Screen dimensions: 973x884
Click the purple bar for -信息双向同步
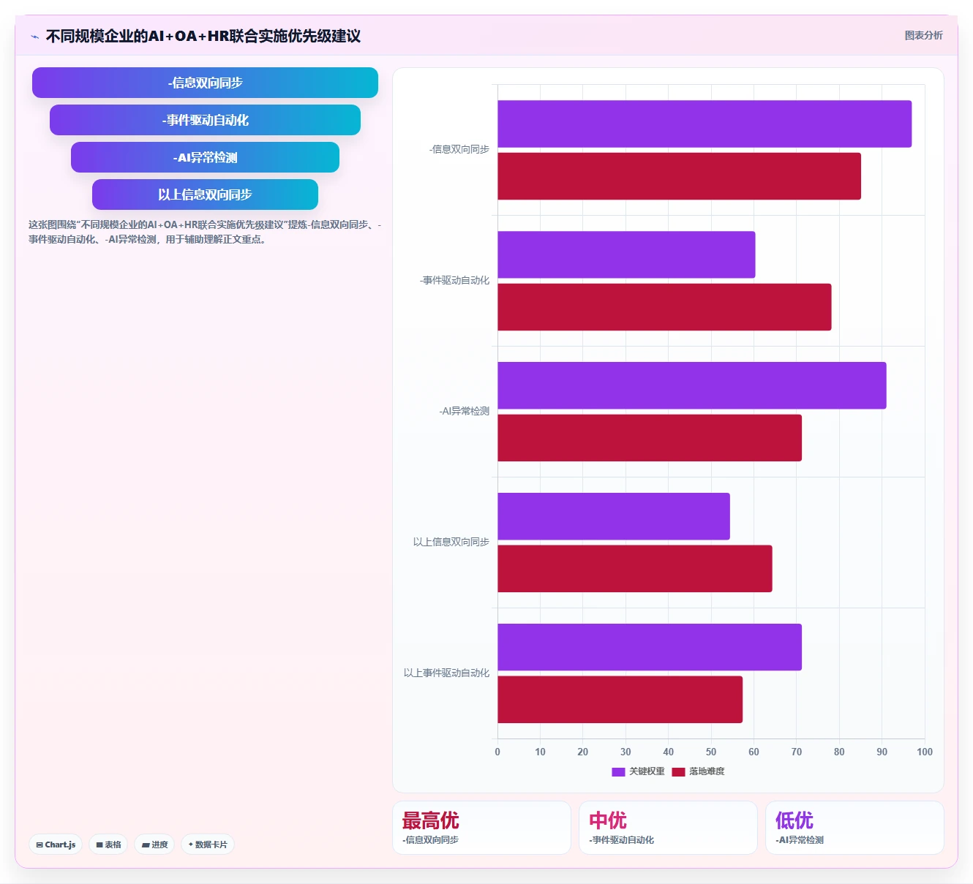pos(705,124)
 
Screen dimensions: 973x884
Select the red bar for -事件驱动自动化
pos(664,307)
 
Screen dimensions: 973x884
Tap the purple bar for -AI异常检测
pos(691,385)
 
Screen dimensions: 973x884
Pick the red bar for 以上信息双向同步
pos(635,569)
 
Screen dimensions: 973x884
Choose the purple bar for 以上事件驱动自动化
pos(650,647)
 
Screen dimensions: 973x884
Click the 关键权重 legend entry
pos(638,771)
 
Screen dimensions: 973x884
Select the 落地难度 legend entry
pos(698,771)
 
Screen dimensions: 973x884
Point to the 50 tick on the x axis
pos(711,752)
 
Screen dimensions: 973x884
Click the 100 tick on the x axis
pos(925,752)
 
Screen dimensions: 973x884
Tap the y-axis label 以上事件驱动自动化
pos(446,673)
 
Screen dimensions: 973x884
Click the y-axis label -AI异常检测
pos(465,411)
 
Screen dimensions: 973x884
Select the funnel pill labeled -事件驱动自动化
pos(205,120)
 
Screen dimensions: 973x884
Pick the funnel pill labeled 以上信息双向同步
pos(205,194)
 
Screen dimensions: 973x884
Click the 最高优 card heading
pos(430,820)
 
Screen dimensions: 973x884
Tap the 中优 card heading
pos(608,820)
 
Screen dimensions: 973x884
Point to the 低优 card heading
pos(794,820)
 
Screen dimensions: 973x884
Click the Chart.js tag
pos(56,845)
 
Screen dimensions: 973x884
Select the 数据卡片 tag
pos(208,845)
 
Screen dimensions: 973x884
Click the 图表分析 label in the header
pos(923,35)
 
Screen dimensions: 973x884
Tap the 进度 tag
pos(155,845)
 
